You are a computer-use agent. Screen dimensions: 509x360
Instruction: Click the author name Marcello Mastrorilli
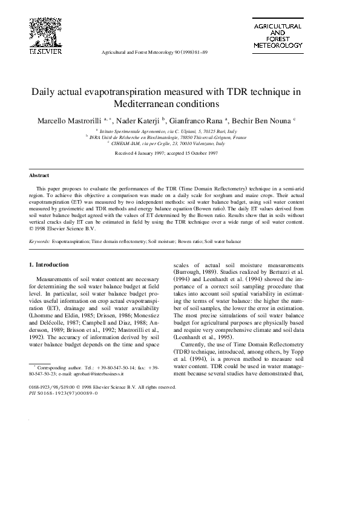70,120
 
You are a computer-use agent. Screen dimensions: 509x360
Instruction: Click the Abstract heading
39,175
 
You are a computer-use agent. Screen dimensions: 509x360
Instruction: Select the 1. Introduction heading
49,265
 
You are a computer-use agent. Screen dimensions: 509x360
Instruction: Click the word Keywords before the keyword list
39,241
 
